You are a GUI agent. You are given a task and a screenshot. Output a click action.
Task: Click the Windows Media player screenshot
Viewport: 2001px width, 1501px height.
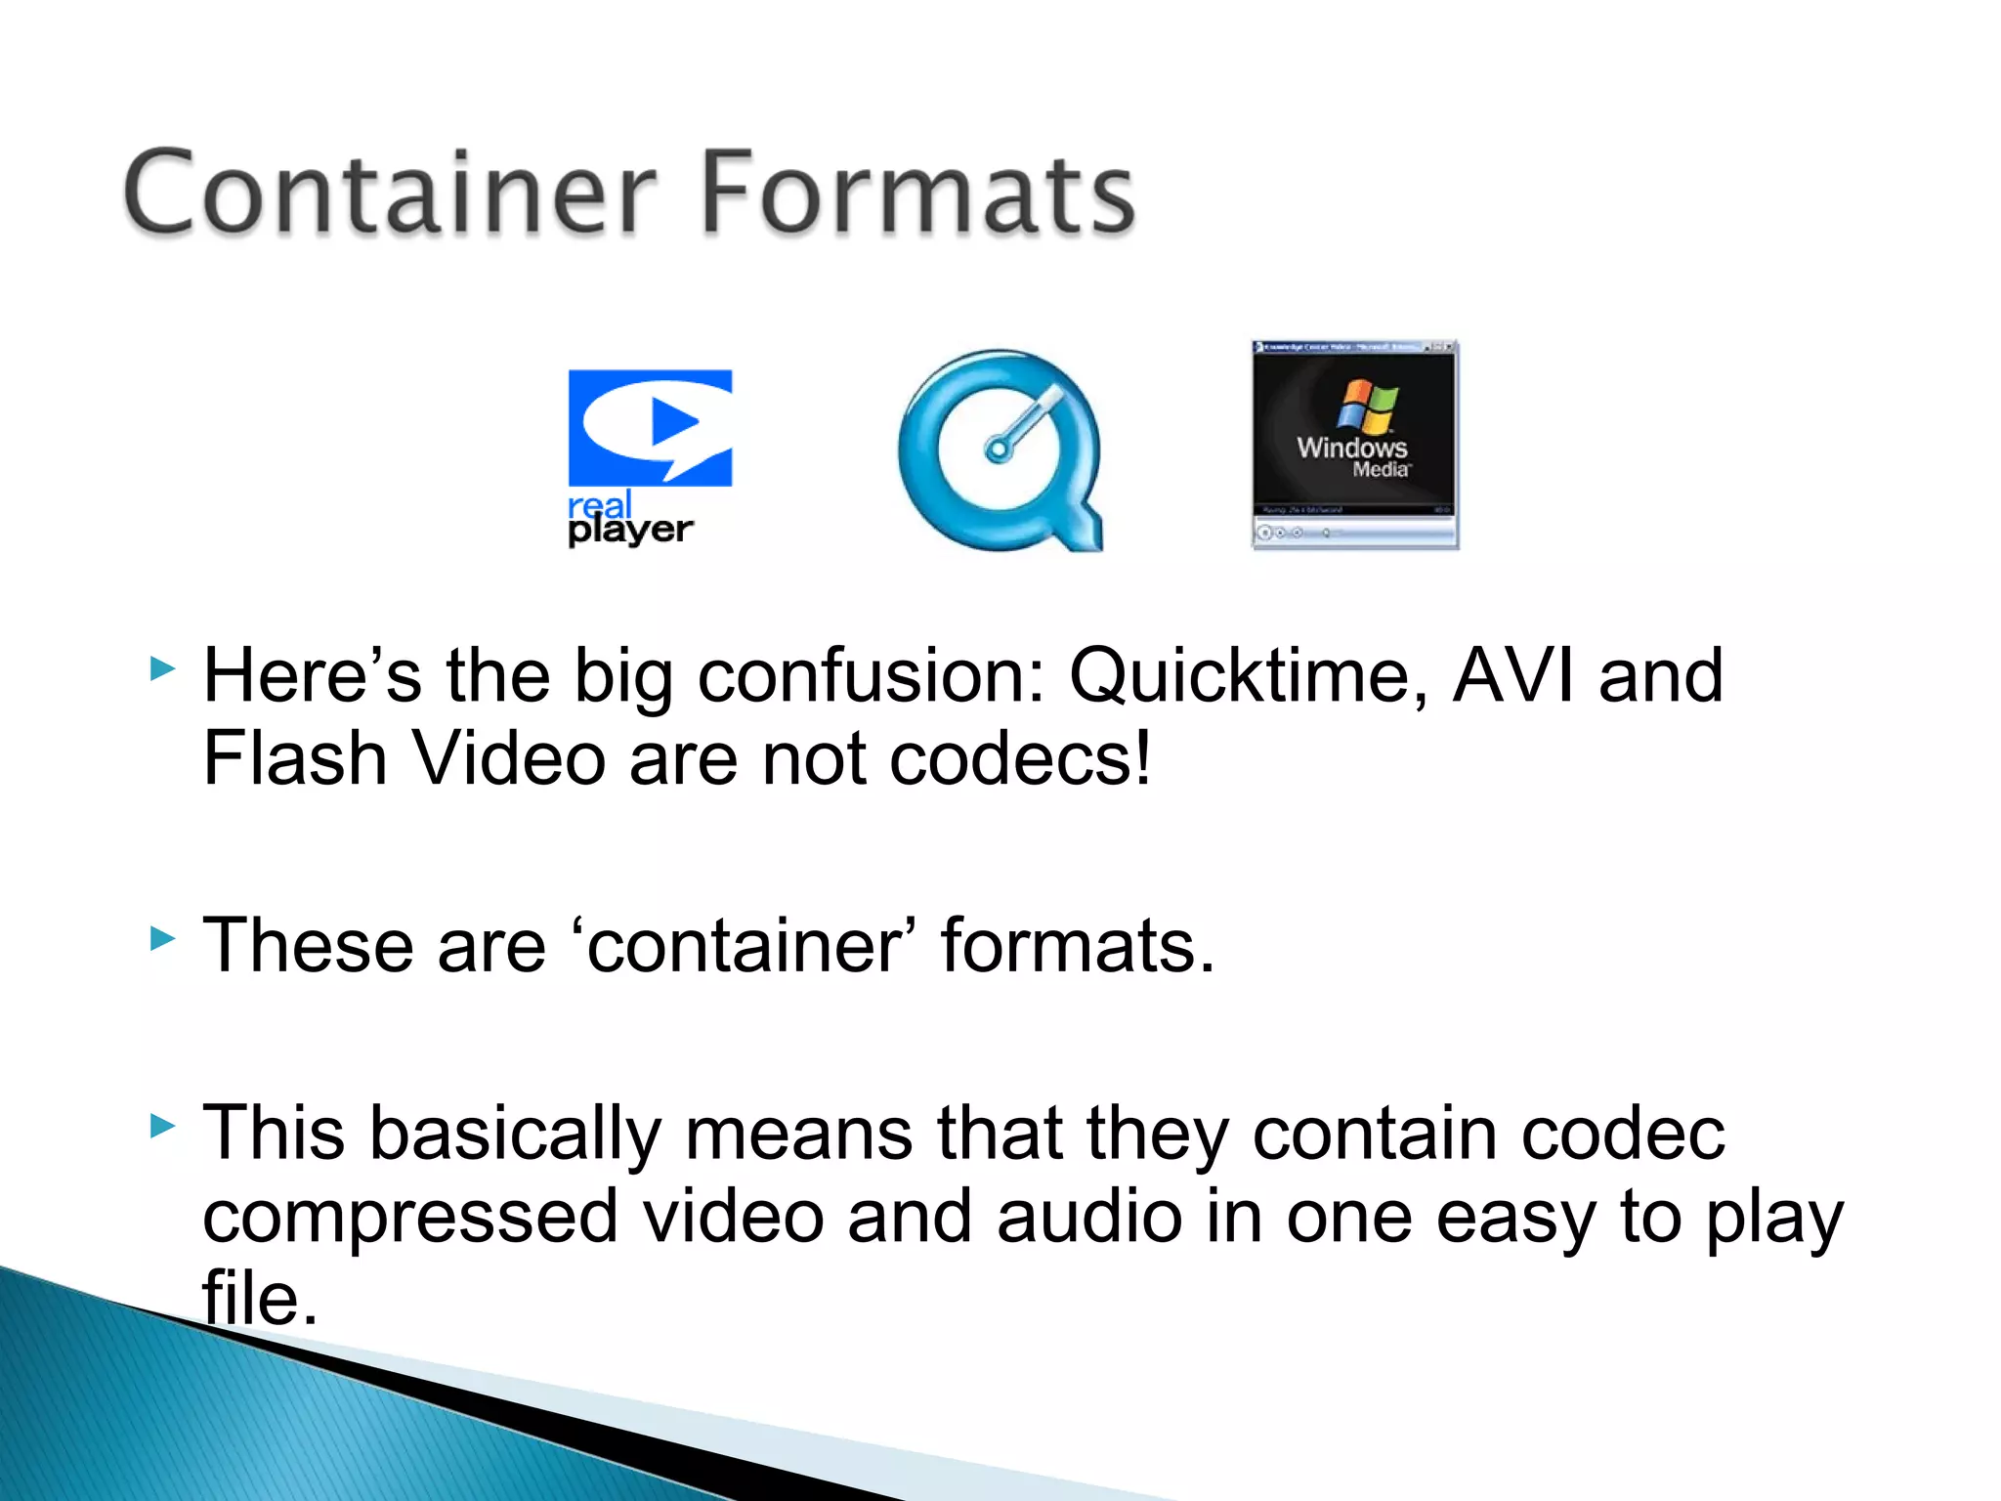pos(1355,446)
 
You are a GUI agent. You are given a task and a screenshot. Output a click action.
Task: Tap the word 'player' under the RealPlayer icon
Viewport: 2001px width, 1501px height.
pos(630,531)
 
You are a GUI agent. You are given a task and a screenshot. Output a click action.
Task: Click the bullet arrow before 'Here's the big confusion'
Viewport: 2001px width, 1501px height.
pos(162,670)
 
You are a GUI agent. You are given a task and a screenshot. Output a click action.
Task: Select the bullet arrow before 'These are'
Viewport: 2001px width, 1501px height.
pos(162,940)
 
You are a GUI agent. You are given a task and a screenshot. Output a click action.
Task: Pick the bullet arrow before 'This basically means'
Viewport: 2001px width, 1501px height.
pos(162,1127)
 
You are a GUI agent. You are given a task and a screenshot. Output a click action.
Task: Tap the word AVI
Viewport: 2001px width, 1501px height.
pos(1512,676)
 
